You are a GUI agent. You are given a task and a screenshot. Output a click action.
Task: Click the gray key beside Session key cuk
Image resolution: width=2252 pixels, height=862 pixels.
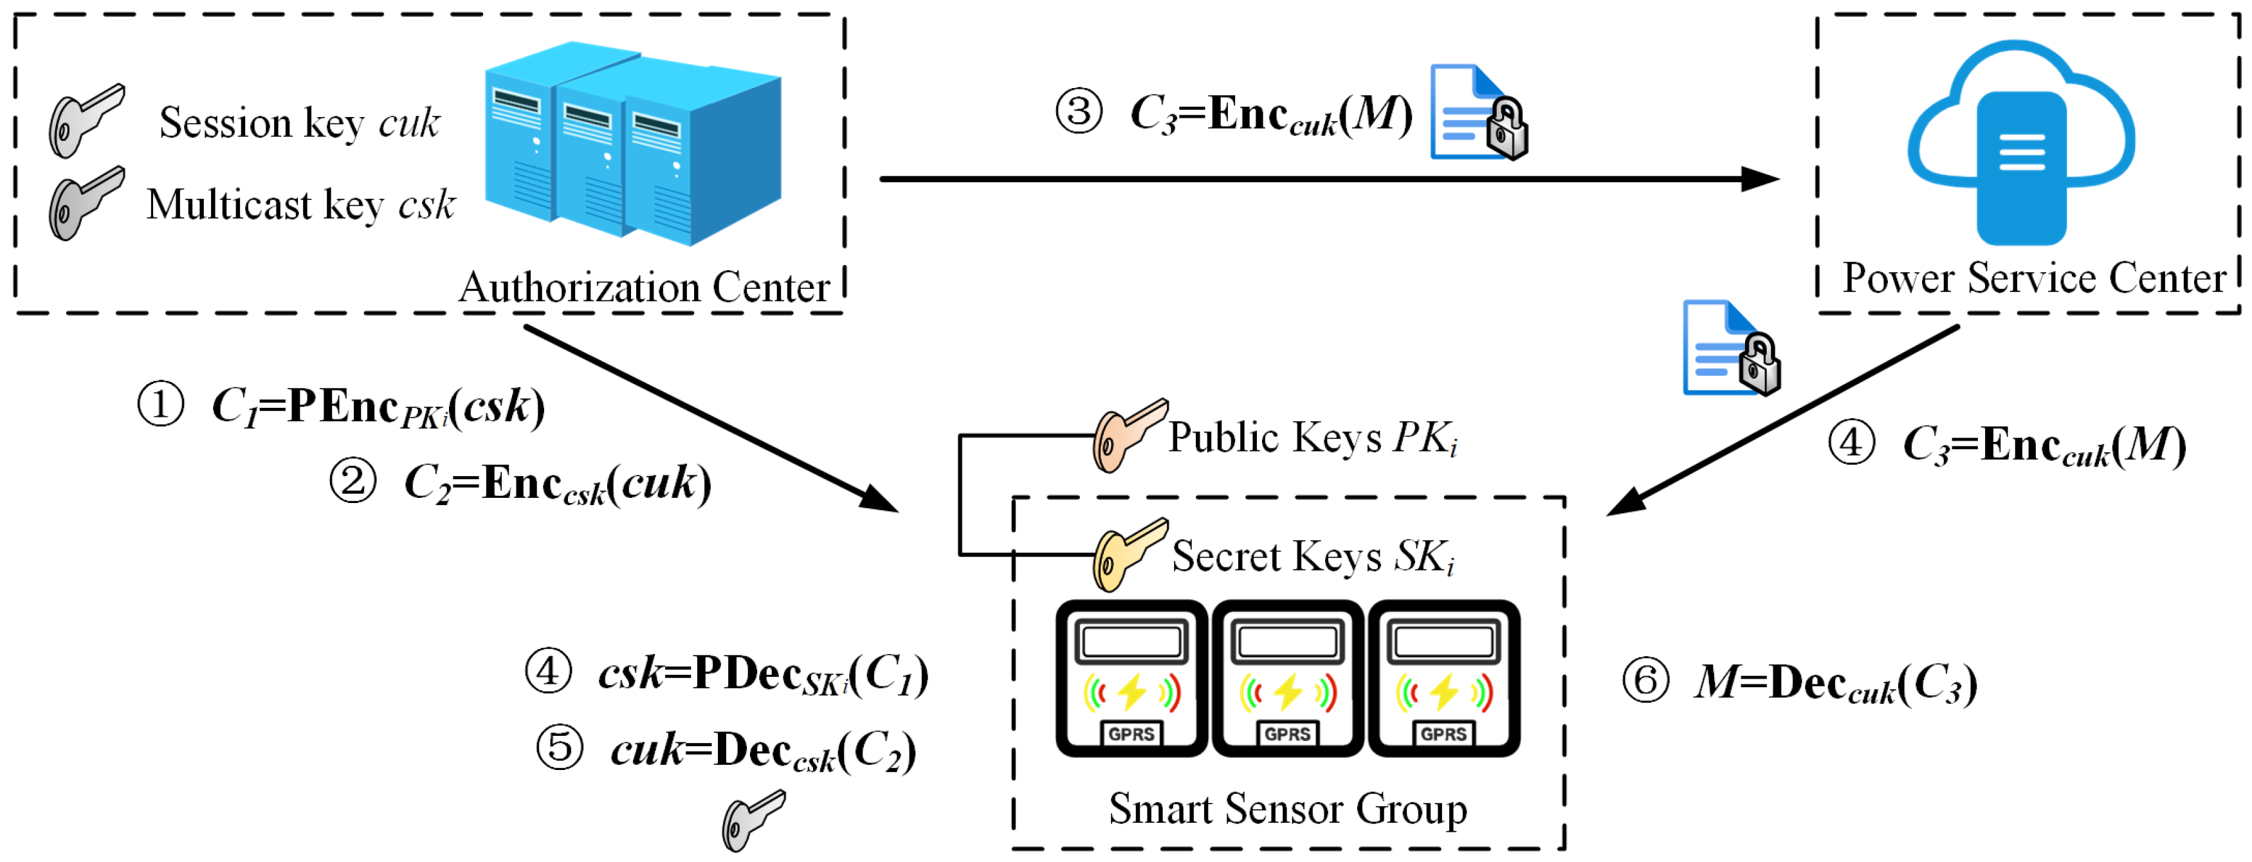click(x=85, y=121)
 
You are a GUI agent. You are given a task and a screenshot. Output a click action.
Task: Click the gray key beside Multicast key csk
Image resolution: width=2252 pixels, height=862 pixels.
click(x=85, y=203)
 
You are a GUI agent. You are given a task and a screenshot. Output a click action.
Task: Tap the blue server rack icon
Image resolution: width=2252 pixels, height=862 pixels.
click(x=632, y=144)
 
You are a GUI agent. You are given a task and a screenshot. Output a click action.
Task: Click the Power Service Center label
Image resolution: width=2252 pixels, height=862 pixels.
click(x=2033, y=278)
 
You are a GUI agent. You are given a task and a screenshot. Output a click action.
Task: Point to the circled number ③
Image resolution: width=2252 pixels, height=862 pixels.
click(x=1078, y=113)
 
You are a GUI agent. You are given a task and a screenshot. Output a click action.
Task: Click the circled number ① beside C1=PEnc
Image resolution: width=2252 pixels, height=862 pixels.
click(x=161, y=405)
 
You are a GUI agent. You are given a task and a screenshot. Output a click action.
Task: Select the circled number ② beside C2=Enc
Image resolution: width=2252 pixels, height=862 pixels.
click(x=352, y=482)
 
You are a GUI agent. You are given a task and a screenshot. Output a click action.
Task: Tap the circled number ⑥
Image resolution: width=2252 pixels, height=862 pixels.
click(x=1645, y=681)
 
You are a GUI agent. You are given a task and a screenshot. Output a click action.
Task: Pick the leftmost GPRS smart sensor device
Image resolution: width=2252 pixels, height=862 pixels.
click(x=1131, y=677)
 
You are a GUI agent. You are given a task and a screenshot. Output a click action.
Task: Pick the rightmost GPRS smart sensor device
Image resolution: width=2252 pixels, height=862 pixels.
click(x=1444, y=677)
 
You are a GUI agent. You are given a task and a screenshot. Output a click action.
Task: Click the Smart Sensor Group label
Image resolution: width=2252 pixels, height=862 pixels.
click(x=1287, y=809)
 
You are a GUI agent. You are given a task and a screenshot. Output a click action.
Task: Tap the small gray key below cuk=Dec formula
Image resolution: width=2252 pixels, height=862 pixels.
click(x=752, y=820)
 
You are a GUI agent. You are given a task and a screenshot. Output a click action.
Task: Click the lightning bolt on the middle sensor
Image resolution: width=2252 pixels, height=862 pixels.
click(x=1288, y=692)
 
